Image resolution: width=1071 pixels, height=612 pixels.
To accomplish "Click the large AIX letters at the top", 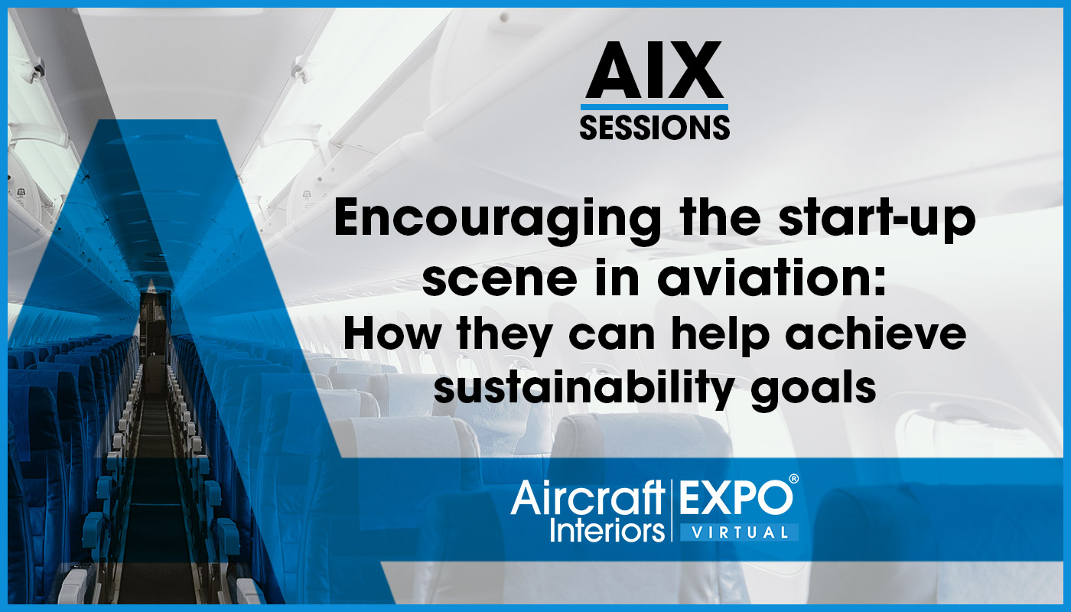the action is pos(654,70).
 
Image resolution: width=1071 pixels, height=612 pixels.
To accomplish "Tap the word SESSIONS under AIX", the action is pos(655,127).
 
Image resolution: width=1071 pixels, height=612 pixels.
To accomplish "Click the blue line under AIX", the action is pos(654,107).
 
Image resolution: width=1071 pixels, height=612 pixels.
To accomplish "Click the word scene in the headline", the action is pos(500,279).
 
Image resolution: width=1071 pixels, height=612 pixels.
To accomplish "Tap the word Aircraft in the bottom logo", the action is pos(588,498).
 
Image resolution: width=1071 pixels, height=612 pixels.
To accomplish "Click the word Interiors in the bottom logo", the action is pos(607,529).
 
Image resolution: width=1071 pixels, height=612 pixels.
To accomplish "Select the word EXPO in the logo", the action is pos(735,498).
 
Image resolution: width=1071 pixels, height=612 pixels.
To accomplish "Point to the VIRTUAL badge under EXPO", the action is pos(740,532).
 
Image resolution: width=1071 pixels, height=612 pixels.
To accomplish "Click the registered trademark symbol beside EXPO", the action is pos(794,479).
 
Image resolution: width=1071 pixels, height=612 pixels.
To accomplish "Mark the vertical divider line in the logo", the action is pos(672,510).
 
